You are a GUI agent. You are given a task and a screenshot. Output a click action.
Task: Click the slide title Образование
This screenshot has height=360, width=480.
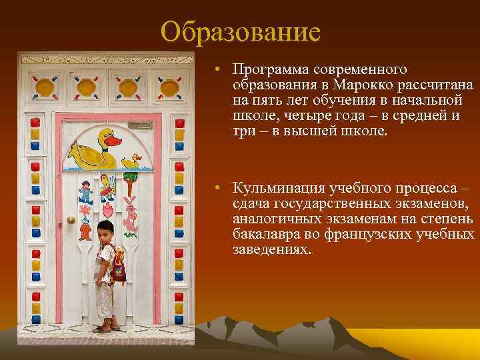click(241, 31)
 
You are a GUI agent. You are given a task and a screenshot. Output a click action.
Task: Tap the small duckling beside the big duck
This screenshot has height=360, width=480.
click(131, 161)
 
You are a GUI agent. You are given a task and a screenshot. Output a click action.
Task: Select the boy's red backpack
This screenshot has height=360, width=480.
click(118, 264)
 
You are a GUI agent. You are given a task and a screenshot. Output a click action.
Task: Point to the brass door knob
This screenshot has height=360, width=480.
click(71, 219)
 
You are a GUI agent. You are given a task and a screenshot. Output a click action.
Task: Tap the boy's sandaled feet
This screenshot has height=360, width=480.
click(106, 327)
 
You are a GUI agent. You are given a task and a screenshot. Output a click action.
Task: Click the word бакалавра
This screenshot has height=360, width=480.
click(263, 235)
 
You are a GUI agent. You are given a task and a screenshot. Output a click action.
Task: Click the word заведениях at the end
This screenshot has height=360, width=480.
click(271, 249)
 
